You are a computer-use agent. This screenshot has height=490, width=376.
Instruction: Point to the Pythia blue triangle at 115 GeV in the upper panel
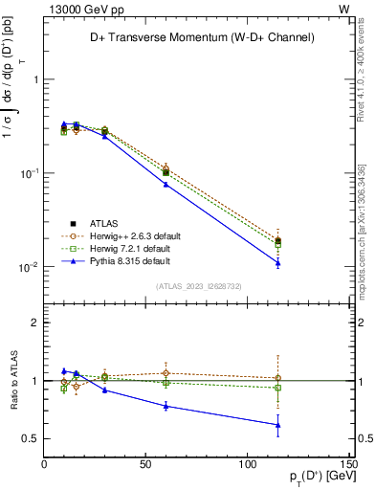pos(277,262)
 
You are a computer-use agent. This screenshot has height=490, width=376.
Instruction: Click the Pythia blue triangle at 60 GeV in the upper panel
pos(166,184)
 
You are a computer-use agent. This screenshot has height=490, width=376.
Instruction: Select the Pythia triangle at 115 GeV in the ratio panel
pos(277,425)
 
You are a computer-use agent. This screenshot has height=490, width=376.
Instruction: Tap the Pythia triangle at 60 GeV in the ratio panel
pos(166,406)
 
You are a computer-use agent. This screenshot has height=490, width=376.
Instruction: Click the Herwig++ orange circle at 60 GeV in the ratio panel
pos(166,373)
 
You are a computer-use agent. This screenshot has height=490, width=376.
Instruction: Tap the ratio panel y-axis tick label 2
pos(34,323)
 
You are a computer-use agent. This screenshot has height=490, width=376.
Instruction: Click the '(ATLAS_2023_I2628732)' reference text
pos(197,286)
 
